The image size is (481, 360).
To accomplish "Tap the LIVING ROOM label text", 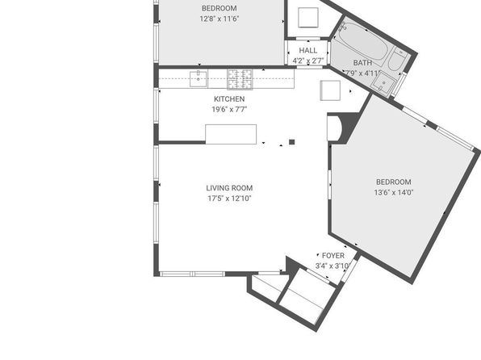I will (229, 188).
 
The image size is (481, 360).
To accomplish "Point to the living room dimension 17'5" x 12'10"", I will (229, 198).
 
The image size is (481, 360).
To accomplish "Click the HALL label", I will (308, 50).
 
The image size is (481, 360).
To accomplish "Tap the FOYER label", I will (333, 255).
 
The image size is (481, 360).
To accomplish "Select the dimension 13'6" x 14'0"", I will (394, 192).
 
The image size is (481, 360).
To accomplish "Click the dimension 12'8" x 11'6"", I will (219, 18).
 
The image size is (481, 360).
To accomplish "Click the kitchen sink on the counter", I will (198, 78).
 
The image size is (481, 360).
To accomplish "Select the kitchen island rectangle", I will (231, 133).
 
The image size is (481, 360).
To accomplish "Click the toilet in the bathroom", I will (397, 61).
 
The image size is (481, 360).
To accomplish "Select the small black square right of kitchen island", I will (292, 142).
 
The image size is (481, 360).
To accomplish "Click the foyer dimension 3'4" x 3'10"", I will (333, 266).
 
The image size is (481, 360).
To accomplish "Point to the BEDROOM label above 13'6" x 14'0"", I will (394, 182).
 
